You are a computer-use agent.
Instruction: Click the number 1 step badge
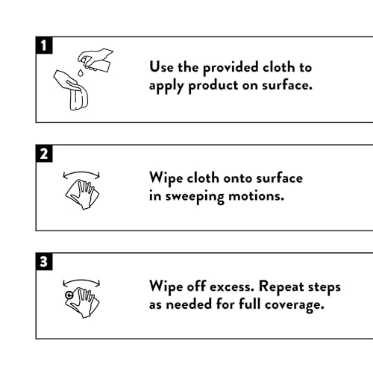(x=44, y=46)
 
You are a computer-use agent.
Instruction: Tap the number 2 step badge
(x=44, y=154)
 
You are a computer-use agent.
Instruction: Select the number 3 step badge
(x=44, y=261)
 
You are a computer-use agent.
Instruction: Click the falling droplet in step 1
(x=81, y=72)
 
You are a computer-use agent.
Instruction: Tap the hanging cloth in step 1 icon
(x=78, y=98)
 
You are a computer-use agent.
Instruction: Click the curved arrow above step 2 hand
(x=81, y=172)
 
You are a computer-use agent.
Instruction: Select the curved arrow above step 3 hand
(x=81, y=280)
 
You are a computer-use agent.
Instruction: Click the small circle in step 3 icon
(x=69, y=295)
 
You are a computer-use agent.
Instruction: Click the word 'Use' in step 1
(x=161, y=67)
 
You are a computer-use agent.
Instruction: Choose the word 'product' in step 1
(x=213, y=86)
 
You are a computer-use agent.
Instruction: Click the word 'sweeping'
(x=195, y=197)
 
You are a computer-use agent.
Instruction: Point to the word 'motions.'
(x=256, y=196)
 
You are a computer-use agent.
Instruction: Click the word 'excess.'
(x=232, y=287)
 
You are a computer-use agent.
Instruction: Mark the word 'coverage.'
(x=295, y=305)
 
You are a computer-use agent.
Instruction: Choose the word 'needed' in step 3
(x=189, y=304)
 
